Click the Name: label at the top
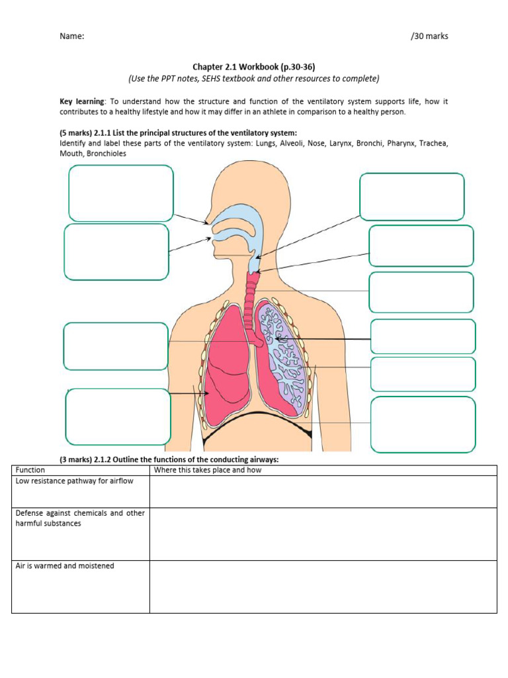click(71, 36)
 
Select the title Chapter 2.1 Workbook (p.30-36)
click(254, 67)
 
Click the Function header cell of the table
click(30, 470)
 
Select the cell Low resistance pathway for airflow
click(74, 481)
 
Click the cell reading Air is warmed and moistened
click(65, 566)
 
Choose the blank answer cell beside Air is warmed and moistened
click(323, 587)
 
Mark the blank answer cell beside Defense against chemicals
click(323, 534)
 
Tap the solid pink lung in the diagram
click(222, 371)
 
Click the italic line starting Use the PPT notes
click(254, 79)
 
